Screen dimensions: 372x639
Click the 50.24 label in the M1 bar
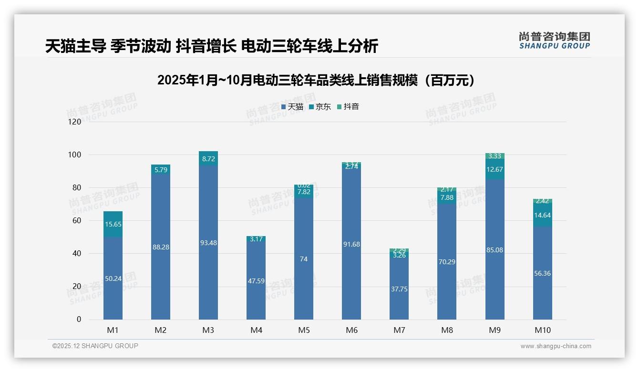pyautogui.click(x=113, y=279)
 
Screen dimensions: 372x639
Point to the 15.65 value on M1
pyautogui.click(x=113, y=224)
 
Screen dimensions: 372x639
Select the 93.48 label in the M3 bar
pyautogui.click(x=208, y=243)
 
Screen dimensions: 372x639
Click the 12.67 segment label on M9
pyautogui.click(x=495, y=169)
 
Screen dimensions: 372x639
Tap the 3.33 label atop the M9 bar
pyautogui.click(x=495, y=156)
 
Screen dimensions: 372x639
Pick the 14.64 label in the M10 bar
pyautogui.click(x=542, y=215)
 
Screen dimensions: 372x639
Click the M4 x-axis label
pyautogui.click(x=256, y=330)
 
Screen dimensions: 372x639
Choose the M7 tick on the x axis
pyautogui.click(x=399, y=330)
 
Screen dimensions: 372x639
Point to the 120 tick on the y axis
pyautogui.click(x=75, y=122)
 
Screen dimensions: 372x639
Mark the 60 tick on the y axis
pyautogui.click(x=76, y=221)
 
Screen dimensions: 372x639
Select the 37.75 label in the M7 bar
pyautogui.click(x=399, y=289)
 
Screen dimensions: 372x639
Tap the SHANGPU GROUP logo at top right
pyautogui.click(x=554, y=41)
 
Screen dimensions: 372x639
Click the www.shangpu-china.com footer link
pyautogui.click(x=556, y=346)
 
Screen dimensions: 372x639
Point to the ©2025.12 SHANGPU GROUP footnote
pyautogui.click(x=95, y=346)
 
